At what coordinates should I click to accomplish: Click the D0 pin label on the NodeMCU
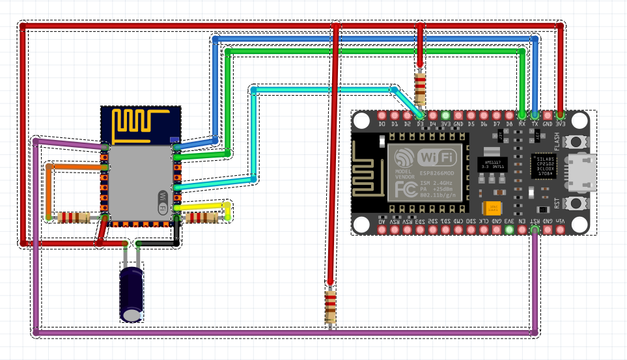point(382,124)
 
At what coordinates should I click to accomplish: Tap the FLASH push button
point(575,141)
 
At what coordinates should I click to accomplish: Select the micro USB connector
point(581,173)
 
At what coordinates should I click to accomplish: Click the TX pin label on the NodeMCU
point(535,124)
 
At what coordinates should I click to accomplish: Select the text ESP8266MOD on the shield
point(434,174)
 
